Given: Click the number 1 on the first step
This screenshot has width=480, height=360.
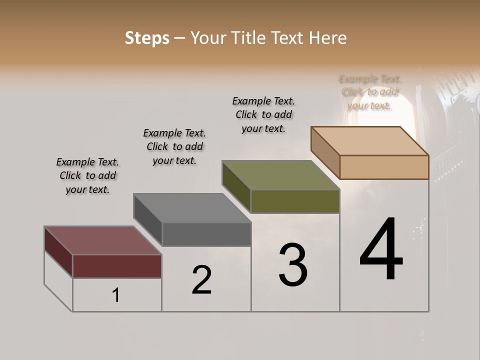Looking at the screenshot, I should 116,295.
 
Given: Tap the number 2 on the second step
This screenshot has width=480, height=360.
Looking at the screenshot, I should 201,280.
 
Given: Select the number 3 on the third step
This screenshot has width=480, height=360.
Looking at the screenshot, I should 293,265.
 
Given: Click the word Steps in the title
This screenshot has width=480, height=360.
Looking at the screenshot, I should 147,38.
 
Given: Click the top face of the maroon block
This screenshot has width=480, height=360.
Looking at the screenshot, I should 102,240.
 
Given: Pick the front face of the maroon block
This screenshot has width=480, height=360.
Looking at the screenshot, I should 117,266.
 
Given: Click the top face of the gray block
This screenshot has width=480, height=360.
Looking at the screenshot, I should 192,208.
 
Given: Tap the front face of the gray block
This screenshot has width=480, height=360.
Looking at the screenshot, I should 206,234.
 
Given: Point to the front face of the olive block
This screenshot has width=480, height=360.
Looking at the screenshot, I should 295,201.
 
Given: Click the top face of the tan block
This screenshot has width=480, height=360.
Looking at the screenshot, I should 369,141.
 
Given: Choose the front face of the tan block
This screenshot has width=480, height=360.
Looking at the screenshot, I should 384,167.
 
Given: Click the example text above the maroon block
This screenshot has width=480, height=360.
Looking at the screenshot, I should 87,175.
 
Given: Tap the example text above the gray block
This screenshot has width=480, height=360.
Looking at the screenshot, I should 174,146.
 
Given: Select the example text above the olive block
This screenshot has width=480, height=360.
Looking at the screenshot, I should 263,114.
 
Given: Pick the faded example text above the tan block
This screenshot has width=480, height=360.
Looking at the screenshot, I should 370,92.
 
